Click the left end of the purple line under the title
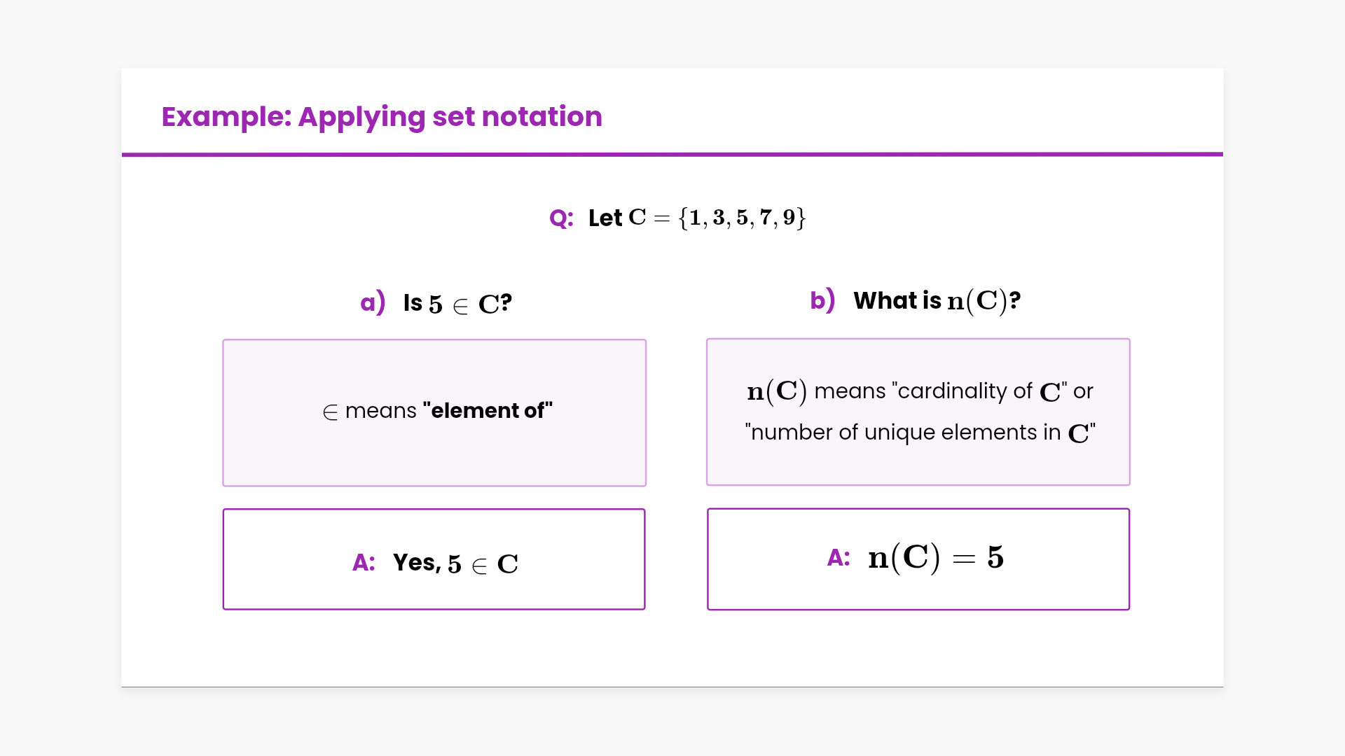pos(122,155)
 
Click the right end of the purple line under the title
pos(1223,155)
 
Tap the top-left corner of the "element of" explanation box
pos(223,339)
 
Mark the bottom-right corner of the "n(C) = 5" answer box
pos(1130,610)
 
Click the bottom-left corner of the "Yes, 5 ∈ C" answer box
pos(223,609)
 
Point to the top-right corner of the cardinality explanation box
pos(1130,339)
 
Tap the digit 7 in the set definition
pos(766,218)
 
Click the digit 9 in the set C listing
pos(789,218)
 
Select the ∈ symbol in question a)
pos(460,306)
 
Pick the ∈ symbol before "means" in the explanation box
pos(330,412)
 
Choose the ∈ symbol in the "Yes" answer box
pos(479,566)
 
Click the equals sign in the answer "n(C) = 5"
pos(964,559)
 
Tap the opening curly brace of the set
pos(684,218)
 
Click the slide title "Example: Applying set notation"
pos(382,117)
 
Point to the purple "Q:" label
pos(562,218)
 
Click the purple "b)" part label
pos(822,300)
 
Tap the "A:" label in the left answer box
pos(364,562)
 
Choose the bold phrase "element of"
pos(488,410)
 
